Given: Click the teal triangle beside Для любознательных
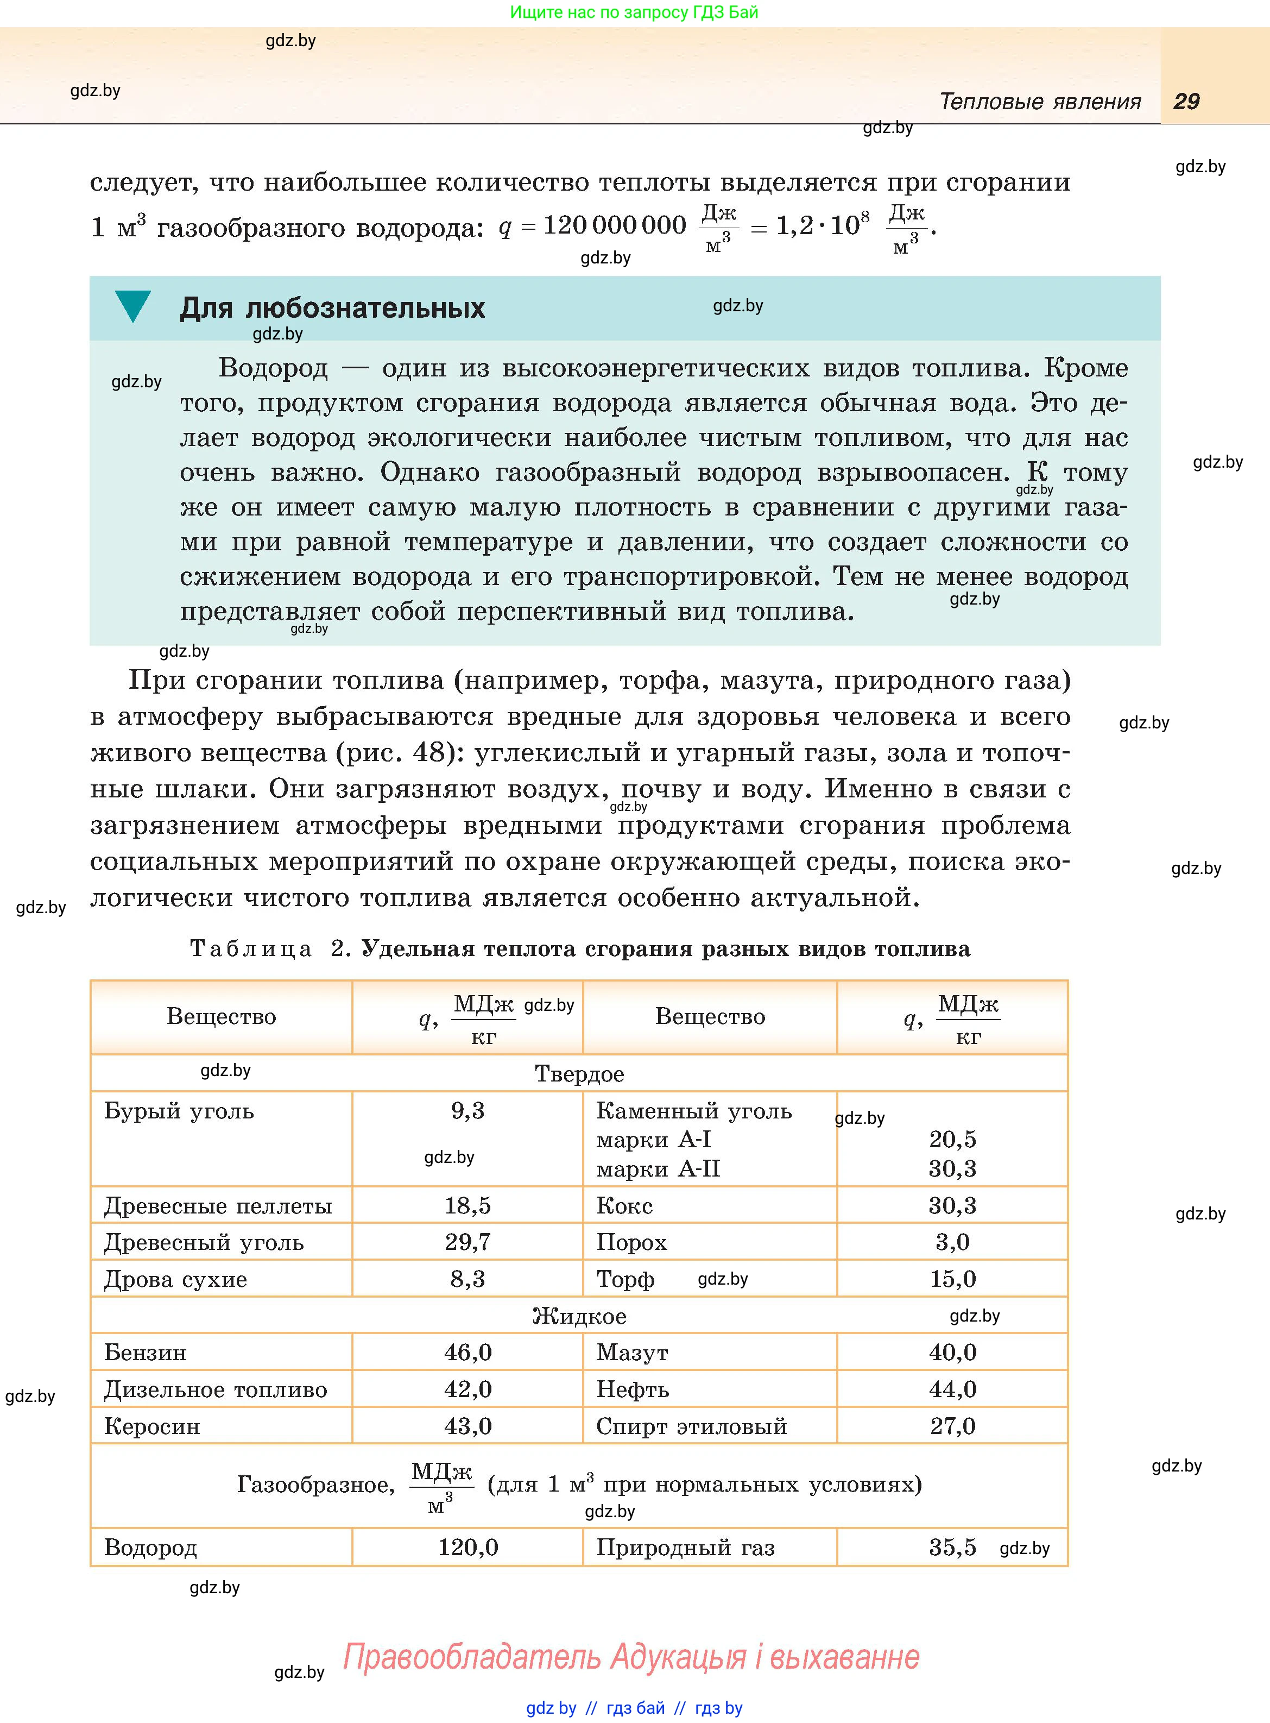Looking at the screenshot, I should [x=133, y=306].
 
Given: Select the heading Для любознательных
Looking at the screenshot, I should [x=332, y=309].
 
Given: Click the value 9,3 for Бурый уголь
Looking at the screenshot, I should [x=467, y=1110].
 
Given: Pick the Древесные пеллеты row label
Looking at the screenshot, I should [x=218, y=1205].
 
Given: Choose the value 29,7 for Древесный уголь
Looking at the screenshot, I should [x=467, y=1242].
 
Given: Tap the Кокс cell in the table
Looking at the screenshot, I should [x=624, y=1205].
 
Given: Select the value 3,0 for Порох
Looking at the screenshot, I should [x=952, y=1242].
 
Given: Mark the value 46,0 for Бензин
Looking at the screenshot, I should [x=467, y=1353].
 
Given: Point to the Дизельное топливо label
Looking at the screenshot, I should [x=216, y=1389].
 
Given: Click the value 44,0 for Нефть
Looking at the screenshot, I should [x=952, y=1389].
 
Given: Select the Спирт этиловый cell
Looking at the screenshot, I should [x=692, y=1426].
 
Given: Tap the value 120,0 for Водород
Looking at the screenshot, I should [x=467, y=1547].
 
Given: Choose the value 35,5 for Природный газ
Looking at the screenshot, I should [x=952, y=1547].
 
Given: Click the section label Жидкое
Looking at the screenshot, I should [x=580, y=1316].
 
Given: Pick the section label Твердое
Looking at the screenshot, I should [x=580, y=1074].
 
